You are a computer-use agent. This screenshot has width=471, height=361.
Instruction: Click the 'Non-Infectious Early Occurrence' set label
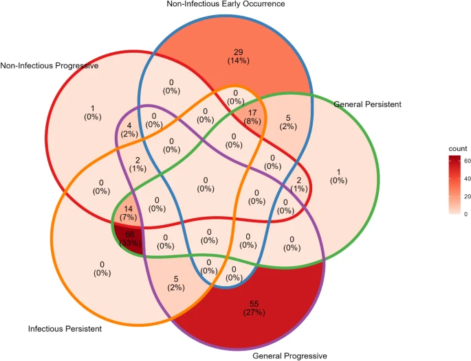[x=235, y=5]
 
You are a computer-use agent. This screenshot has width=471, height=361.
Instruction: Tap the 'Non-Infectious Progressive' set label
[x=50, y=66]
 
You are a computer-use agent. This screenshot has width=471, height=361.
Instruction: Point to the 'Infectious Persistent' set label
[x=65, y=329]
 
